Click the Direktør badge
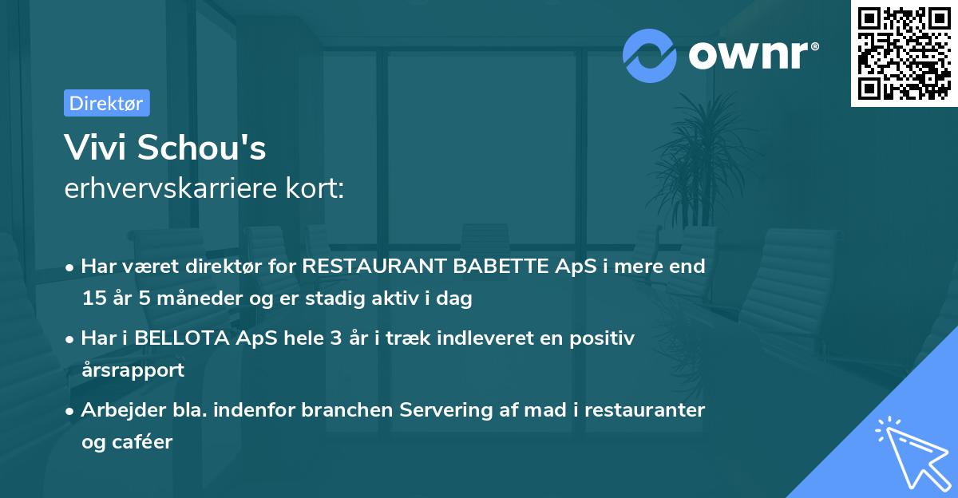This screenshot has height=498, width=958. (106, 103)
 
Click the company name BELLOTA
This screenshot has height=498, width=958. (183, 338)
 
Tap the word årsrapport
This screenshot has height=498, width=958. (133, 370)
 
